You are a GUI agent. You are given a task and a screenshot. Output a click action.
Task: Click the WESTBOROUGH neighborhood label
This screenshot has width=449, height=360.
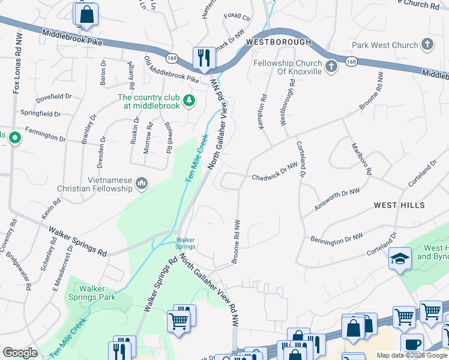tap(279, 42)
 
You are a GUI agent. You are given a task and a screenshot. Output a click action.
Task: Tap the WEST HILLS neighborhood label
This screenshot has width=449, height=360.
tap(399, 205)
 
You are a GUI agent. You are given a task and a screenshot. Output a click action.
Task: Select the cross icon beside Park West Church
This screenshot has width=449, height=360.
tap(427, 44)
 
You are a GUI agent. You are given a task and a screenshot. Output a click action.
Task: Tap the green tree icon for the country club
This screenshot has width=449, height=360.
tap(190, 100)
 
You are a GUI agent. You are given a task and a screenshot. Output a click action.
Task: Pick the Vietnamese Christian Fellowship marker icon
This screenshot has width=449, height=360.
tap(142, 183)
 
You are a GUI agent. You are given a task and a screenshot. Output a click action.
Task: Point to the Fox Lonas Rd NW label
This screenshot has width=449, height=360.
tap(17, 63)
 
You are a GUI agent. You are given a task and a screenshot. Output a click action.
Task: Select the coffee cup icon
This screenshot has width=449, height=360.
tap(412, 344)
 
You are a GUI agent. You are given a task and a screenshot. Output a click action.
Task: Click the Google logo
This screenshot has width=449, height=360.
tap(20, 353)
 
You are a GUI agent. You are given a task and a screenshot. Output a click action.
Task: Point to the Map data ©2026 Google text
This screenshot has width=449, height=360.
tap(412, 355)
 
